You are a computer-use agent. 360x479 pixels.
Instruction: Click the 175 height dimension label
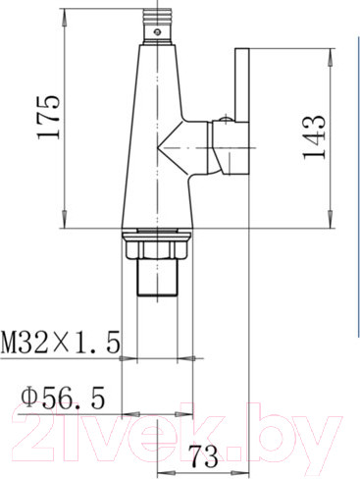(x=49, y=117)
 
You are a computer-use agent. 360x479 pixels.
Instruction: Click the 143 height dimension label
(x=314, y=137)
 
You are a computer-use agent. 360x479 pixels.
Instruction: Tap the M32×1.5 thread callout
(x=60, y=343)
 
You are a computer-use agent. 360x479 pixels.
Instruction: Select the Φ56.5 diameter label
(x=64, y=398)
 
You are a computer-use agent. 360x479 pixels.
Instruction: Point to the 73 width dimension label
(x=205, y=456)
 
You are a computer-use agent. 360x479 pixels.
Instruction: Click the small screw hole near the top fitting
(x=158, y=32)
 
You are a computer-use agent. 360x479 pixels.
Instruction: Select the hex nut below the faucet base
(x=157, y=249)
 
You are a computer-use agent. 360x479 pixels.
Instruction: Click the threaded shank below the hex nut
(x=157, y=277)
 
